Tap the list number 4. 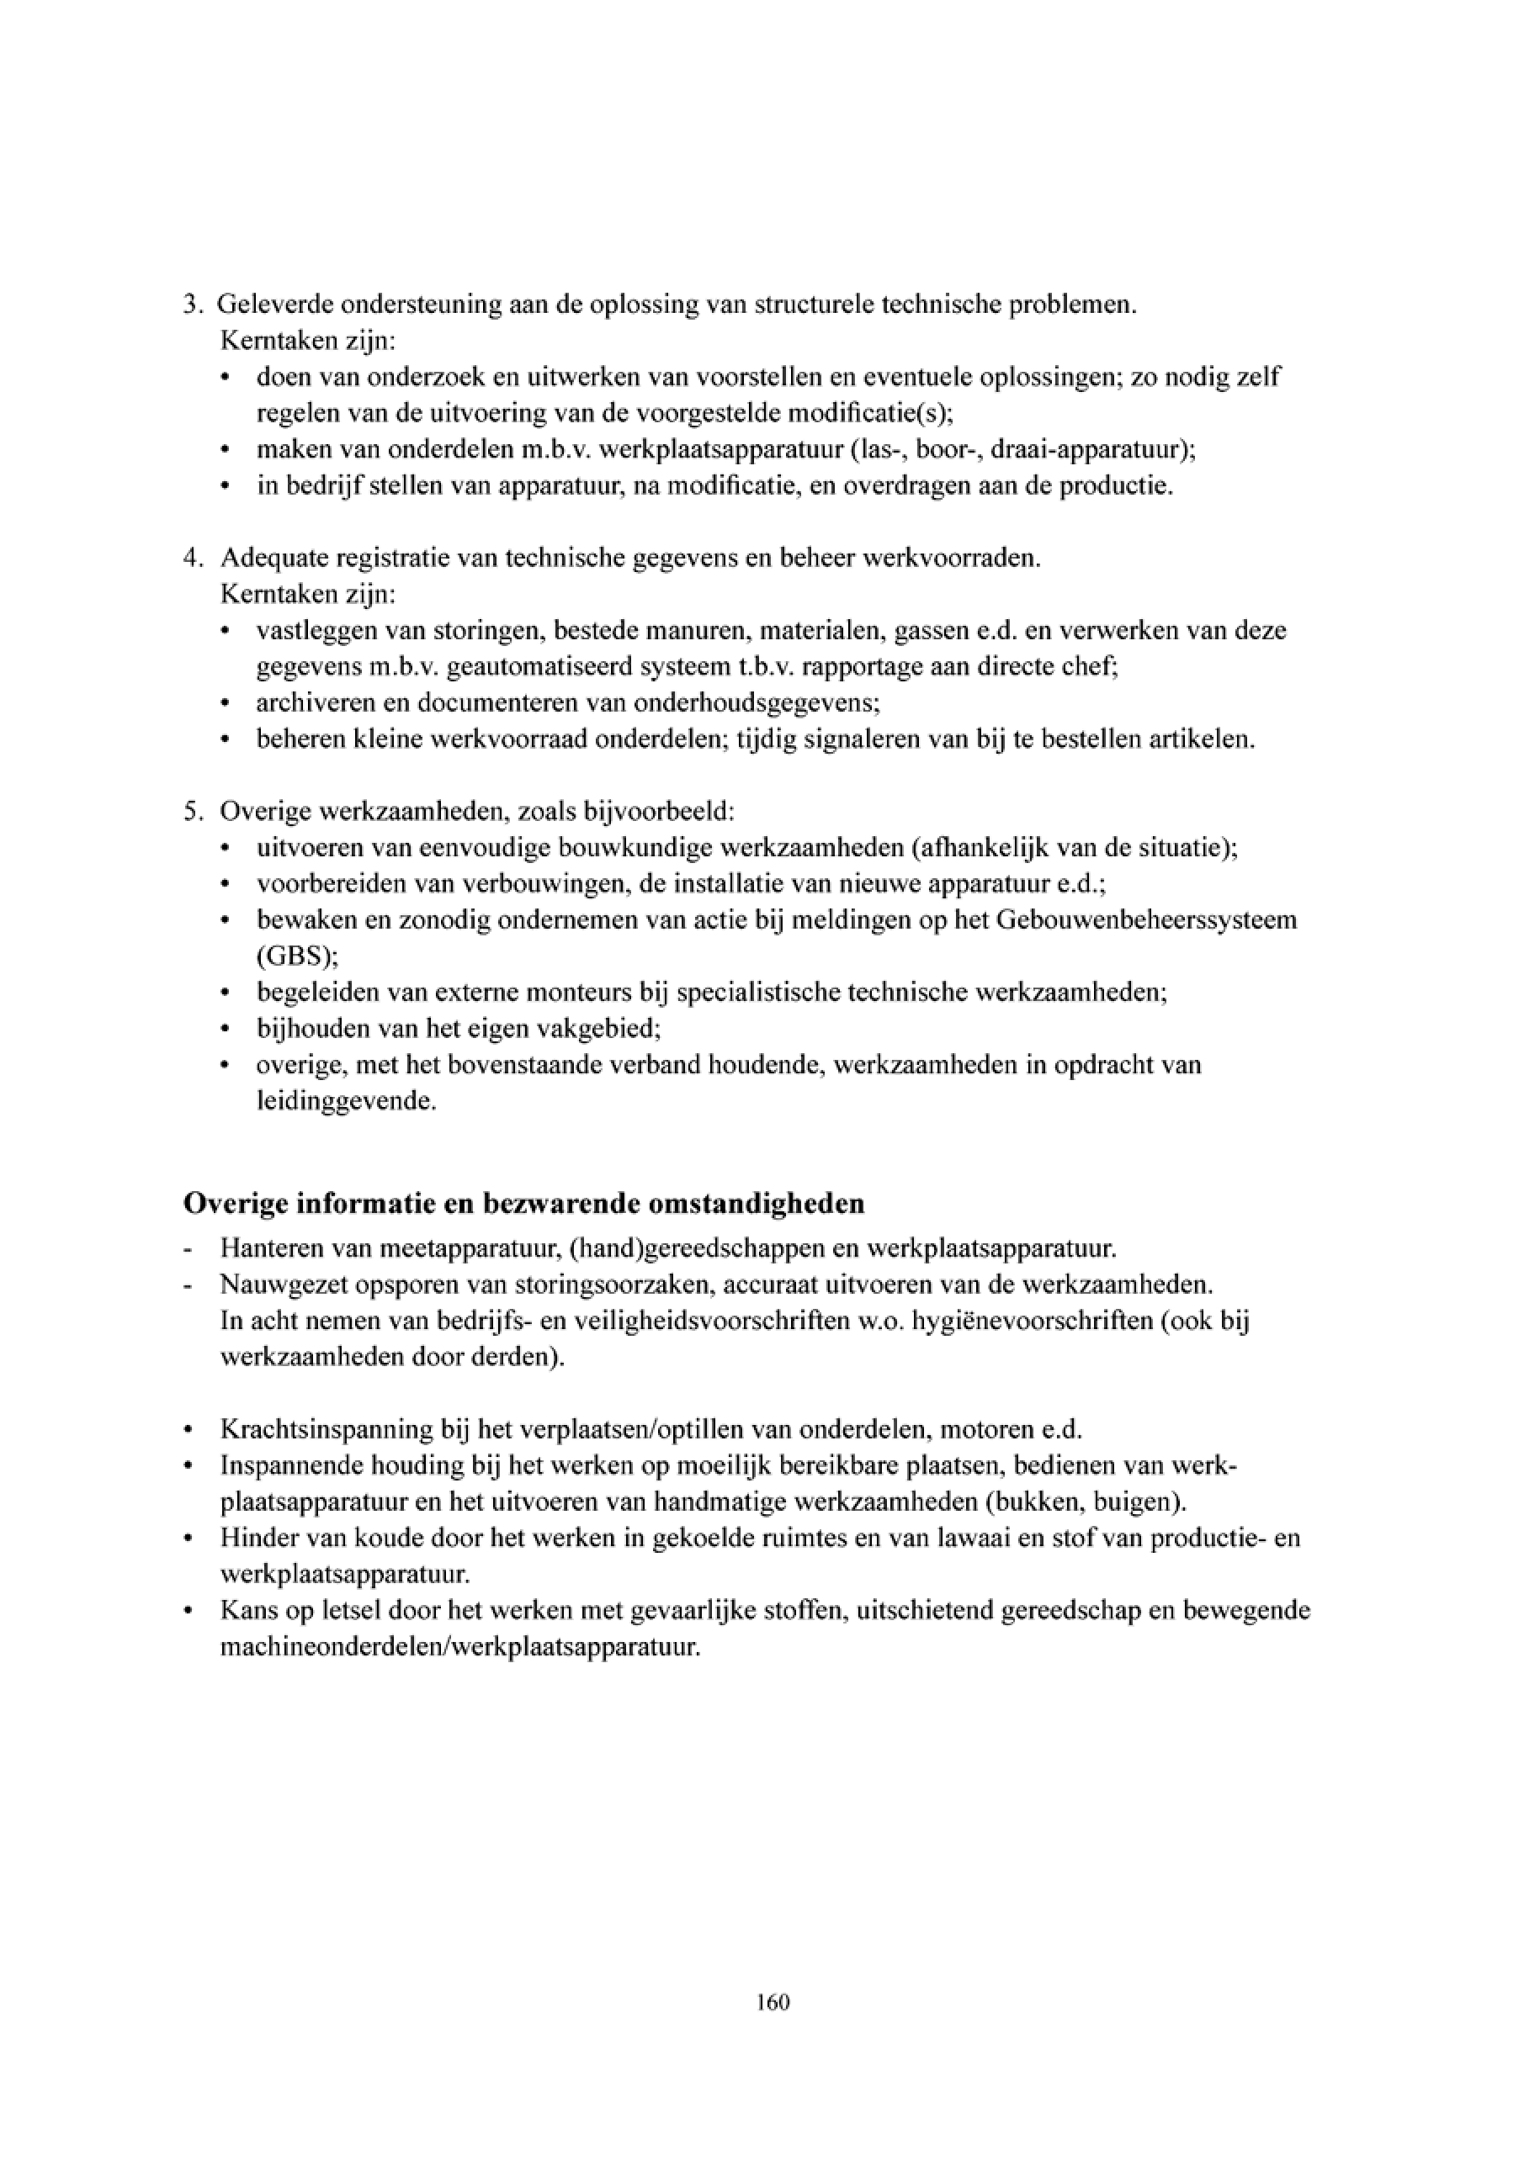190,559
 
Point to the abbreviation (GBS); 297,956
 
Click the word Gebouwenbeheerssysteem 1146,919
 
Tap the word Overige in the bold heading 235,1205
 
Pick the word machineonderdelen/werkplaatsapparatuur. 460,1647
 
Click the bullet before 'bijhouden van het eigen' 225,1030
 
